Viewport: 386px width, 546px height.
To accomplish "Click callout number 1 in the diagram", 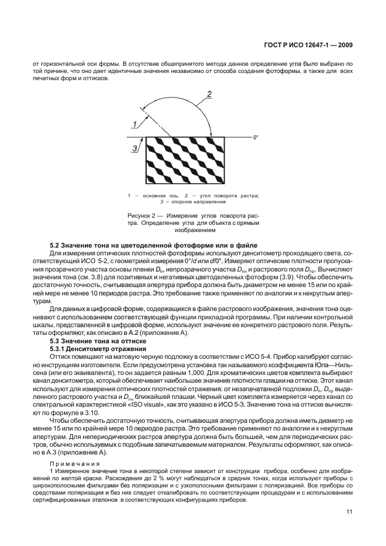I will [x=135, y=124].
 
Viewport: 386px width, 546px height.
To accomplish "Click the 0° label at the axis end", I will [x=255, y=138].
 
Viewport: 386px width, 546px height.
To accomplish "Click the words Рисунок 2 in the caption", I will [x=141, y=215].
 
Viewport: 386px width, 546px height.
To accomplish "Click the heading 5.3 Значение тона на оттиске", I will [x=88, y=340].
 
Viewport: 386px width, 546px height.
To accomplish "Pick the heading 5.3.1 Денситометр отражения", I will [x=90, y=348].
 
